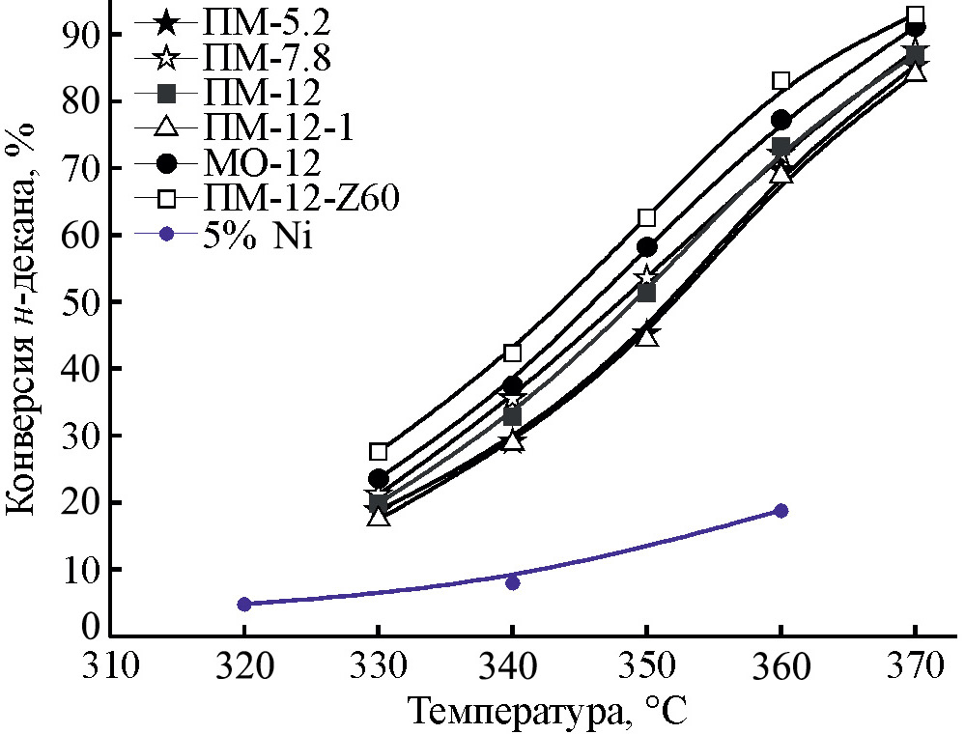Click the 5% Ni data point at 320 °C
(244, 604)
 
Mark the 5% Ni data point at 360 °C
(781, 511)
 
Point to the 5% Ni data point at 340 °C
(513, 582)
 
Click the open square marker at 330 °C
(379, 451)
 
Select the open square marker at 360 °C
(781, 80)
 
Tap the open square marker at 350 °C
(647, 218)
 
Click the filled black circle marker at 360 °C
(781, 120)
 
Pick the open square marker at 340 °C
(513, 353)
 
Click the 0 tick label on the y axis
(90, 629)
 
